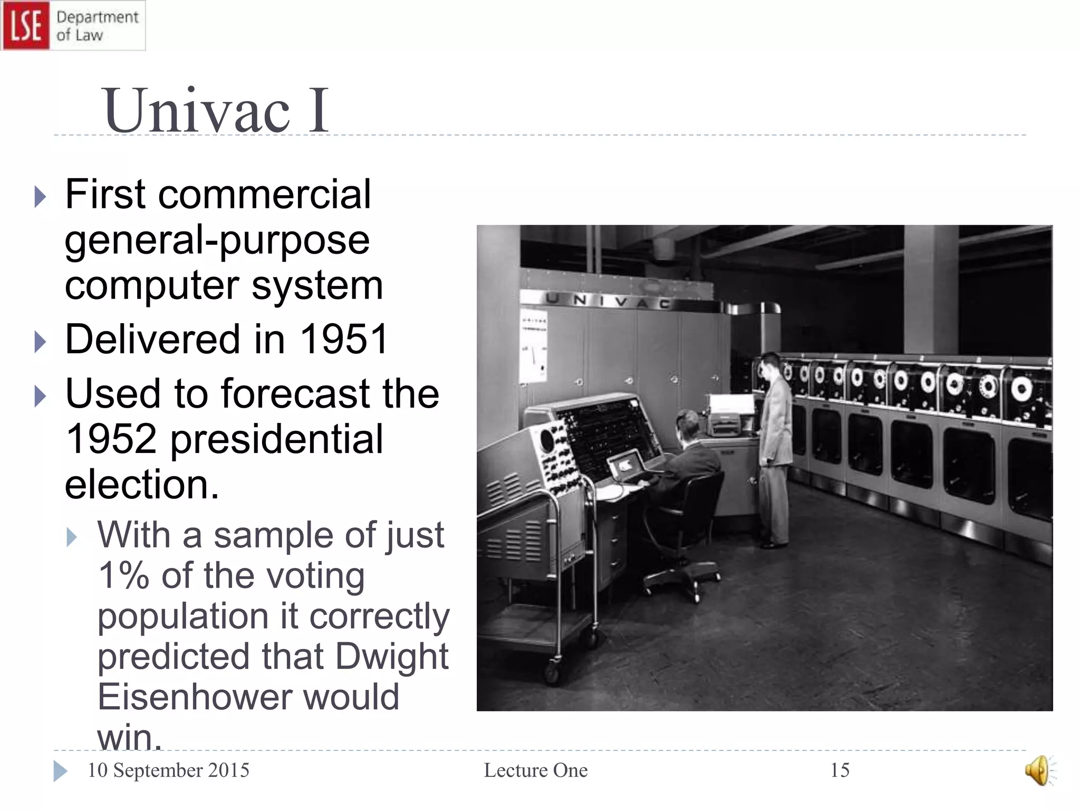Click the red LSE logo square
26,25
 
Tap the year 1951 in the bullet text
344,339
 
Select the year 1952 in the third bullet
111,439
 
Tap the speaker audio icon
1038,770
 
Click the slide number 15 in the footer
840,770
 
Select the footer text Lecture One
535,770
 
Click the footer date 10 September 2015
168,770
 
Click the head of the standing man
772,364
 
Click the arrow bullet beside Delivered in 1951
40,342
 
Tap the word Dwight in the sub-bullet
392,657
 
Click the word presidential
276,439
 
